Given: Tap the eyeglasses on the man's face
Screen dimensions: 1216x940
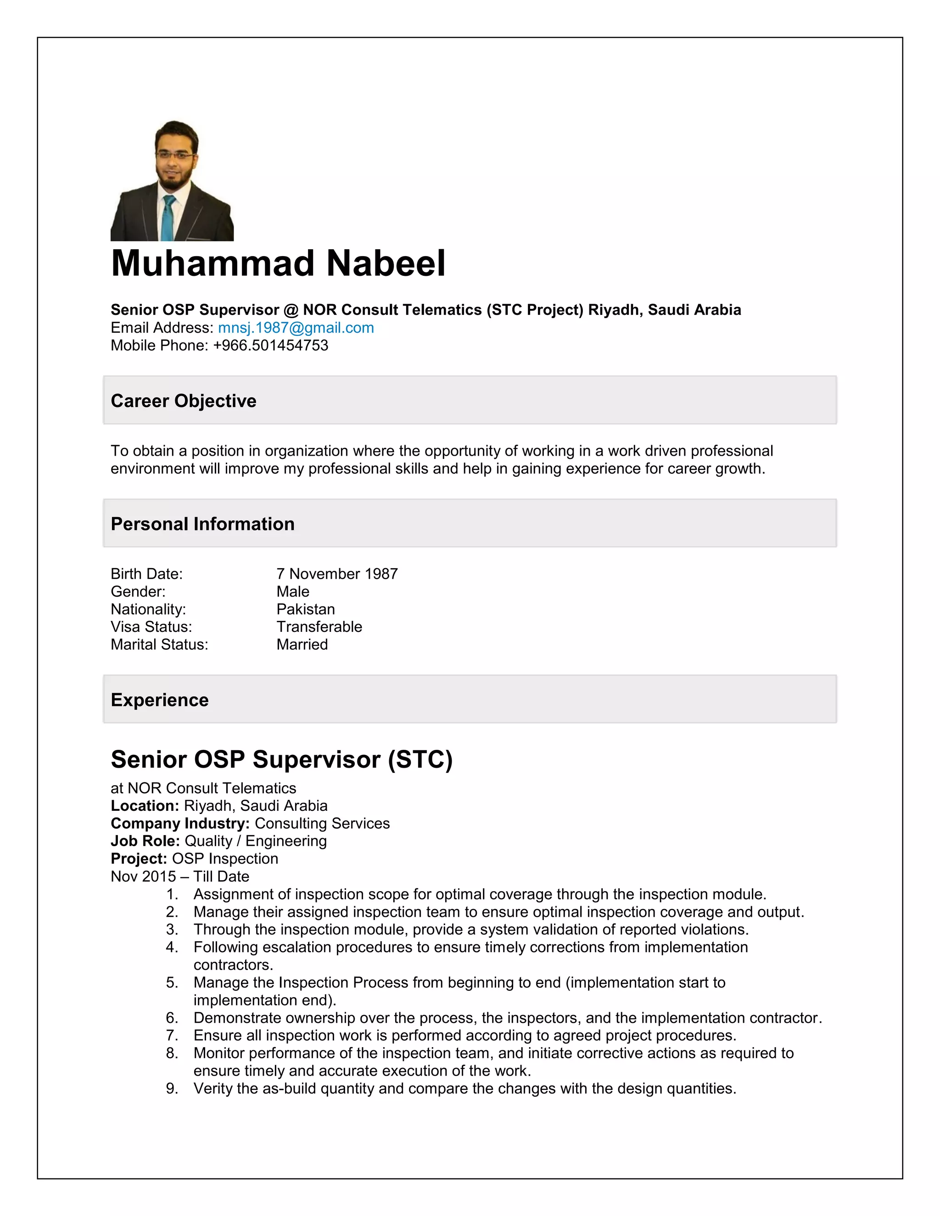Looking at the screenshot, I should click(x=175, y=156).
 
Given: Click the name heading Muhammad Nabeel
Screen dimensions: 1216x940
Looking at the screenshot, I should click(x=278, y=263).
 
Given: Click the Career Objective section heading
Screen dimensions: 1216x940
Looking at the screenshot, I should click(x=183, y=401).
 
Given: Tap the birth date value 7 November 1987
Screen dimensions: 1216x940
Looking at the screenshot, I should click(x=337, y=574).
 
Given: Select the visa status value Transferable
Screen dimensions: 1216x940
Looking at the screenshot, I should click(x=319, y=626).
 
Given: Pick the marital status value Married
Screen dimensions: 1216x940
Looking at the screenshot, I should click(x=302, y=644).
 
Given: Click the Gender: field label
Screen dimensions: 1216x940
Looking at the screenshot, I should click(x=138, y=591).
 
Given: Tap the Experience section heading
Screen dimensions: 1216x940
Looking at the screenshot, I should click(x=159, y=700).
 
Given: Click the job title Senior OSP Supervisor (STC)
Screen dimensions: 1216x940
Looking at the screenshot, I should click(x=282, y=759).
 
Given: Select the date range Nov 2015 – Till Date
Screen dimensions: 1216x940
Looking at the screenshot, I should click(x=180, y=876).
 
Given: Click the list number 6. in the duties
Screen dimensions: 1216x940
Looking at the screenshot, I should click(x=172, y=1018).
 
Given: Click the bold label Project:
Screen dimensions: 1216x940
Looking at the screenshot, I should click(x=139, y=859).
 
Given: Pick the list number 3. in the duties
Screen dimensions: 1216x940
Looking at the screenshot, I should click(x=172, y=929).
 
